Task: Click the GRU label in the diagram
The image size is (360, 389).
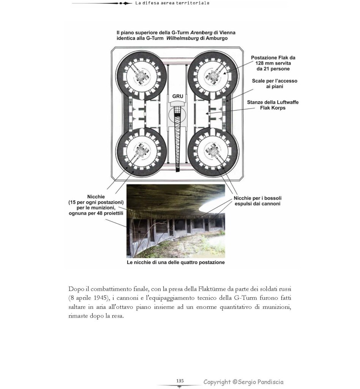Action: (178, 96)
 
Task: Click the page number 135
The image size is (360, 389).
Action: (180, 381)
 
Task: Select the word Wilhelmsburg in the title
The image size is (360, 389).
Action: (182, 39)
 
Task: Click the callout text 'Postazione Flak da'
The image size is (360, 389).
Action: (273, 58)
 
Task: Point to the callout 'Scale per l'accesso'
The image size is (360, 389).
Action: (275, 81)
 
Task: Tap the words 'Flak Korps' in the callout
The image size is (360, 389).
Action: (273, 108)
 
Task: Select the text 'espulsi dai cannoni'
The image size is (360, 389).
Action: (257, 204)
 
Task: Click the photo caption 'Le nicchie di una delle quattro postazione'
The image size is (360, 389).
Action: (175, 262)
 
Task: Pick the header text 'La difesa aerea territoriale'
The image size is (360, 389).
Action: (172, 3)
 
